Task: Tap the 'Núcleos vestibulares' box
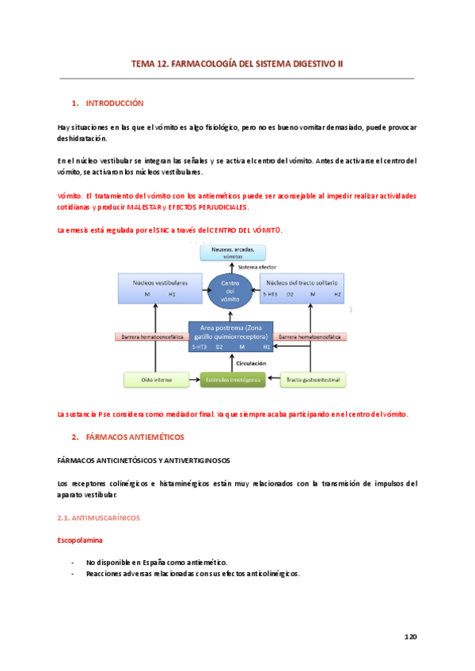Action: (x=161, y=287)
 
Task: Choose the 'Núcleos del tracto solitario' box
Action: (x=302, y=287)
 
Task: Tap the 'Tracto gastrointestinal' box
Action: (x=314, y=380)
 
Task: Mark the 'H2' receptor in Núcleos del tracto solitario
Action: (x=337, y=294)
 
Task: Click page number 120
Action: (x=410, y=636)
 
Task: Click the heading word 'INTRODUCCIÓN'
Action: (x=114, y=104)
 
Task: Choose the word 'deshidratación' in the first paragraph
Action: (x=82, y=138)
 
